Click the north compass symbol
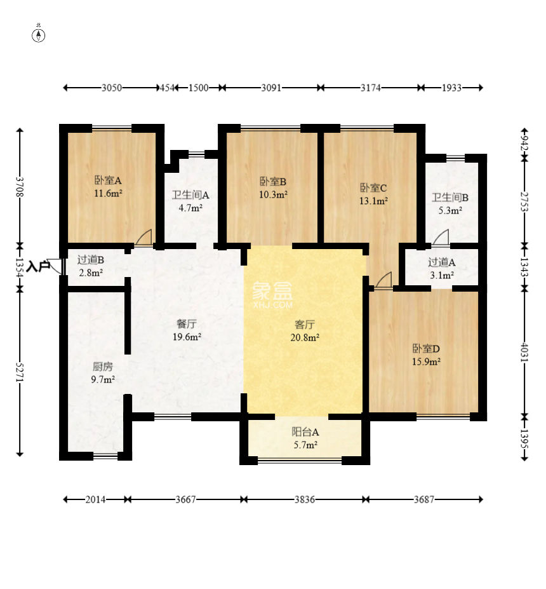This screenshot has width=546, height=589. pyautogui.click(x=38, y=35)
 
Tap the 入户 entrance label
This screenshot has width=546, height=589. pyautogui.click(x=39, y=266)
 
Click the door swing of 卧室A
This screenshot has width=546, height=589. pyautogui.click(x=143, y=238)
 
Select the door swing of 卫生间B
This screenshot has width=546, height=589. pyautogui.click(x=441, y=238)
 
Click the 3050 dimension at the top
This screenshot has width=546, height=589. pyautogui.click(x=112, y=88)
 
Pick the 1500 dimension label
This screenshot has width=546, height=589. pyautogui.click(x=198, y=88)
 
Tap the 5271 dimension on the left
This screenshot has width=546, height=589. pyautogui.click(x=20, y=372)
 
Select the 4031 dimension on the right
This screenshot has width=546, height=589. pyautogui.click(x=524, y=353)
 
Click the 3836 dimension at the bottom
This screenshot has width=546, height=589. pyautogui.click(x=304, y=499)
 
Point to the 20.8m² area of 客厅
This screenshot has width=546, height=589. pyautogui.click(x=305, y=337)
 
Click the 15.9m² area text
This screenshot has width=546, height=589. pyautogui.click(x=426, y=362)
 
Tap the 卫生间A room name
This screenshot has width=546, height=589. pyautogui.click(x=190, y=195)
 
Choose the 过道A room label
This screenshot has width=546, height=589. pyautogui.click(x=442, y=262)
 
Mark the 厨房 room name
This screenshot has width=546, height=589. pyautogui.click(x=102, y=366)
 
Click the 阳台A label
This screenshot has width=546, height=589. pyautogui.click(x=305, y=432)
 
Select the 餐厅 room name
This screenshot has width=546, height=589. pyautogui.click(x=187, y=324)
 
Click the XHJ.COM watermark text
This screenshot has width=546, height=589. pyautogui.click(x=273, y=304)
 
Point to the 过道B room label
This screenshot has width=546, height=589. pyautogui.click(x=91, y=260)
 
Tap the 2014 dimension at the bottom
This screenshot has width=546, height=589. pyautogui.click(x=95, y=499)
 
